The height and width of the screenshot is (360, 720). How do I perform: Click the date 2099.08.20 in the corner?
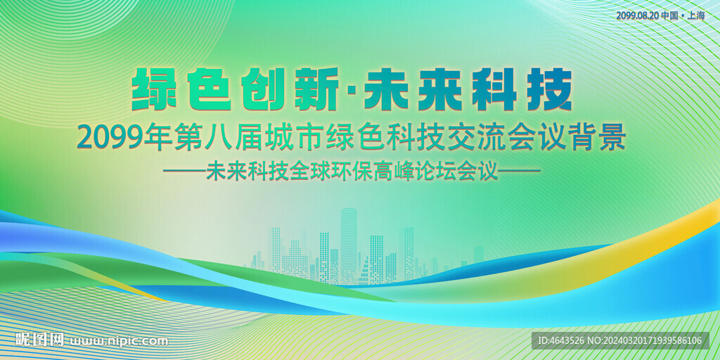pyautogui.click(x=637, y=15)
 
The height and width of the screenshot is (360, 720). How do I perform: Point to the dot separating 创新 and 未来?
pyautogui.click(x=352, y=92)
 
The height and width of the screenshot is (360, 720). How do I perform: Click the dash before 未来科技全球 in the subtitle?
pyautogui.click(x=184, y=172)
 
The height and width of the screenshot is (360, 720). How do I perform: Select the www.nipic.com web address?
pyautogui.click(x=119, y=342)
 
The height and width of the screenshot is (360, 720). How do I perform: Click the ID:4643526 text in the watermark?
pyautogui.click(x=563, y=341)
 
